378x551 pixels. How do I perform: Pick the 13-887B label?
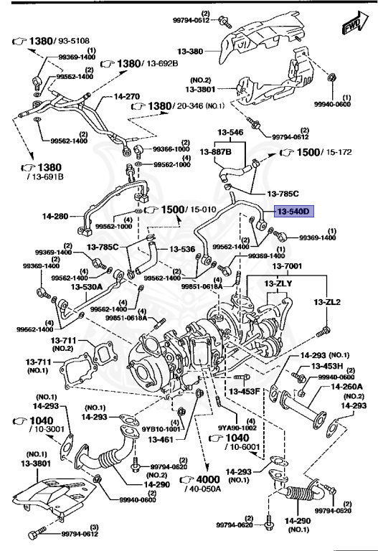pos(218,151)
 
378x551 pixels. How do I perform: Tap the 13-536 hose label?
pos(182,249)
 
